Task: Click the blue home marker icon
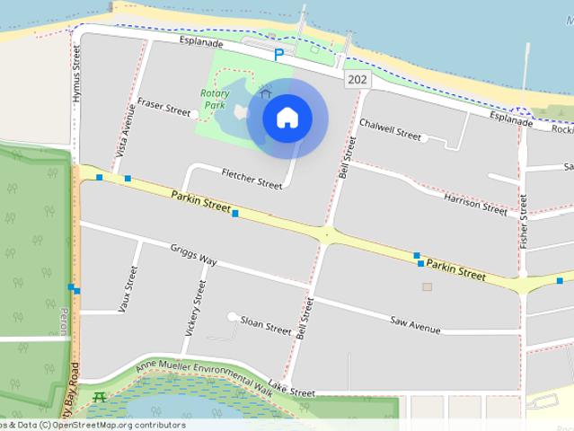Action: coord(287,118)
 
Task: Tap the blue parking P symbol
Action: coord(278,55)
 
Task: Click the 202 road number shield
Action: coord(357,80)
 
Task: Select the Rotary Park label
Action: coord(214,99)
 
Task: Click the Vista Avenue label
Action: coord(126,131)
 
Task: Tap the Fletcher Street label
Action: coord(252,178)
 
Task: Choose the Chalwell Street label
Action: coord(390,128)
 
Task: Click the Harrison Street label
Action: coord(475,204)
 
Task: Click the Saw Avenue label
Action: coord(415,324)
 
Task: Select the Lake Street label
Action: coord(291,391)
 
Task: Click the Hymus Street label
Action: coord(76,73)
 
